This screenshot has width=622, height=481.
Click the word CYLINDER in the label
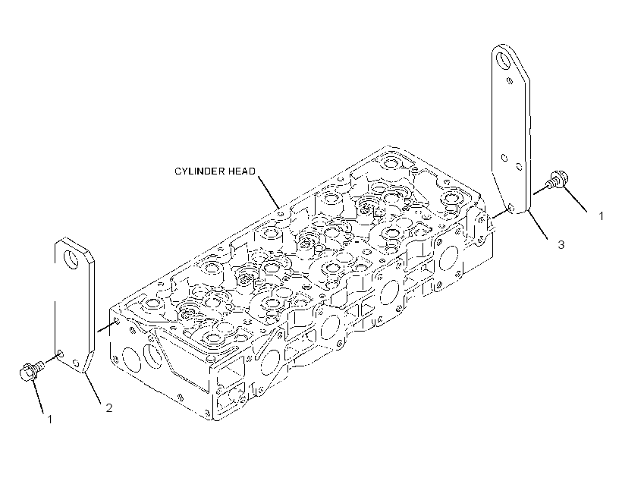pyautogui.click(x=200, y=171)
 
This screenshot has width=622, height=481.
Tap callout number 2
pyautogui.click(x=108, y=407)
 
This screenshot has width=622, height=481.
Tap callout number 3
pyautogui.click(x=561, y=244)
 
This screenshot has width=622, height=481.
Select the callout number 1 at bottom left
pyautogui.click(x=50, y=419)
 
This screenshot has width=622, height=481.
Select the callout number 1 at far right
pyautogui.click(x=601, y=216)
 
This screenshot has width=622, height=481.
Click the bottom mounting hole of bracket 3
pyautogui.click(x=510, y=208)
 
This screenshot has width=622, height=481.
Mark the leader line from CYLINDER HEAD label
pyautogui.click(x=269, y=192)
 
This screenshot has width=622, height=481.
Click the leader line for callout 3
pyautogui.click(x=538, y=225)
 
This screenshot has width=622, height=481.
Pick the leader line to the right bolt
pyautogui.click(x=575, y=200)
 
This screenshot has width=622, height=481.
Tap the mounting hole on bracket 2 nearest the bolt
pyautogui.click(x=60, y=354)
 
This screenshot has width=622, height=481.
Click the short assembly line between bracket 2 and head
pyautogui.click(x=107, y=326)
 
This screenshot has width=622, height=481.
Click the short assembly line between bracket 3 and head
pyautogui.click(x=501, y=213)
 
